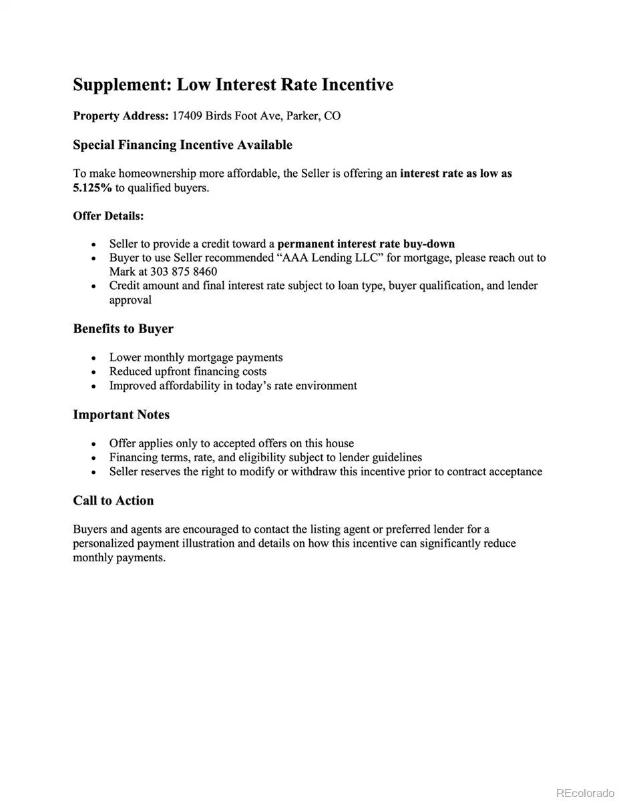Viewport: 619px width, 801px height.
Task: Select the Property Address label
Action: pos(120,116)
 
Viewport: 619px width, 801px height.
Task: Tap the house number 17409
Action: pos(187,116)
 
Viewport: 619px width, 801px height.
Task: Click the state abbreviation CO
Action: pos(332,116)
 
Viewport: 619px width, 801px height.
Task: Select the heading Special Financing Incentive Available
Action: pos(182,145)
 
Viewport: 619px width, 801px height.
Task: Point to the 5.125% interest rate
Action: pos(92,188)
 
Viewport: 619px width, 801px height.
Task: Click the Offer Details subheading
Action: pos(108,216)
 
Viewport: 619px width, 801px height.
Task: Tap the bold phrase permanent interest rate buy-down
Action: pos(366,244)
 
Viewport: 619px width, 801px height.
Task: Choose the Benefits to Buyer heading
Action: pos(123,329)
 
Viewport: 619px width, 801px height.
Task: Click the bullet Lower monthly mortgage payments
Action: pos(196,358)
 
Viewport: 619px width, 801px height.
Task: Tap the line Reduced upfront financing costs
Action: pos(188,372)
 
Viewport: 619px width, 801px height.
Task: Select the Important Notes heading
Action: pos(121,415)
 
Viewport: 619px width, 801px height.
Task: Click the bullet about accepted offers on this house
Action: pos(231,443)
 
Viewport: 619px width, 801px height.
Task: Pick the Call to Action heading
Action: pos(113,501)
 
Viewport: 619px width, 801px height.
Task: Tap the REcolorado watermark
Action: pos(584,792)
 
